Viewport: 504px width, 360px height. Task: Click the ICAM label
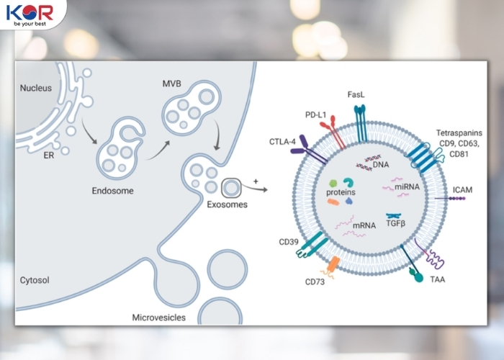[x=463, y=189]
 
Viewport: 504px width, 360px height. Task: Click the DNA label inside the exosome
[x=381, y=166]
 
